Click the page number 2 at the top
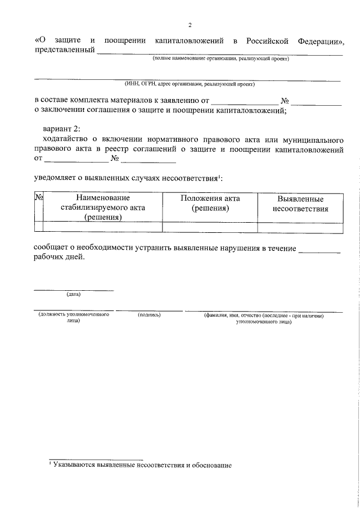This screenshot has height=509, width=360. pos(190,25)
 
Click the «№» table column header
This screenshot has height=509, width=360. pos(39,198)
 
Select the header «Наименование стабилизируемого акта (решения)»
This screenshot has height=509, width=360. pos(103,208)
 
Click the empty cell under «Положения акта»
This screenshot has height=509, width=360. pos(210,227)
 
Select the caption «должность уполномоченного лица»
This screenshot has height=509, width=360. pos(74,318)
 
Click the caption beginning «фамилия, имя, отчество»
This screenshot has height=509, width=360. pos(263,318)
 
